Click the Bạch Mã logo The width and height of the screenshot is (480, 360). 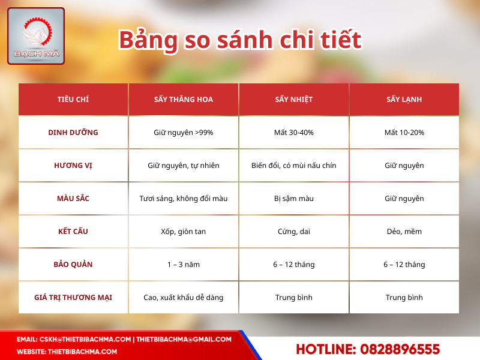click(35, 35)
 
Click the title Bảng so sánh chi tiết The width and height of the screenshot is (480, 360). click(240, 40)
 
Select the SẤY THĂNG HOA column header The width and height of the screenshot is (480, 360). click(184, 100)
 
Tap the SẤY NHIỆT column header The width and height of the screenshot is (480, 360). click(294, 100)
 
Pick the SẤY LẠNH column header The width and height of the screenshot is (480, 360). click(404, 100)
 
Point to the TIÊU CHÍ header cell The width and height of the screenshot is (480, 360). click(73, 100)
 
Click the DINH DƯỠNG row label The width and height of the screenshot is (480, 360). click(73, 133)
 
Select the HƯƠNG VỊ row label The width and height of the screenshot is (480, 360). click(73, 166)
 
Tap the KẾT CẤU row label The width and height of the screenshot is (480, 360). click(73, 232)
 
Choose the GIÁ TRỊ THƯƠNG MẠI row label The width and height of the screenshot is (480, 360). click(73, 298)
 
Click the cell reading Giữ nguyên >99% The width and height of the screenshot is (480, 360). click(184, 133)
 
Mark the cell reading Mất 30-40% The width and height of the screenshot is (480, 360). click(294, 133)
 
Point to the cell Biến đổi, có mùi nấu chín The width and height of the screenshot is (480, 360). click(294, 166)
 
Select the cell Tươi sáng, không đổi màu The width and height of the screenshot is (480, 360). click(184, 199)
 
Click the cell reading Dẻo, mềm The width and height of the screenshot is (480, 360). click(404, 232)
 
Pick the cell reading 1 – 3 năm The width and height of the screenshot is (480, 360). click(184, 265)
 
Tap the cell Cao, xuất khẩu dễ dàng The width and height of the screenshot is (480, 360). click(184, 298)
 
